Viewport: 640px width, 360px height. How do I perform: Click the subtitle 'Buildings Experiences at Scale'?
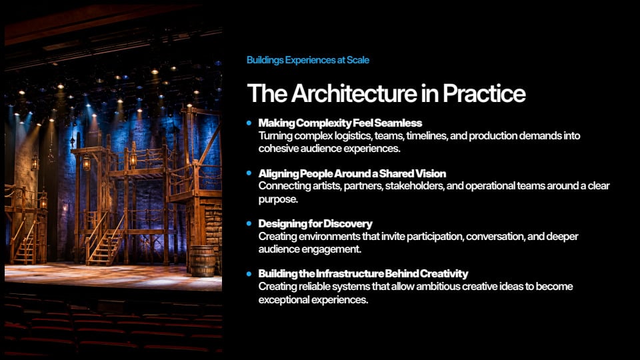(x=308, y=60)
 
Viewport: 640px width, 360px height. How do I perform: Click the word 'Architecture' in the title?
(x=354, y=93)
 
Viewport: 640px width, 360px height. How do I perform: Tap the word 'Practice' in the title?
(x=484, y=93)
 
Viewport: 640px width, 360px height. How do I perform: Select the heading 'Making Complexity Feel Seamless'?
(x=340, y=123)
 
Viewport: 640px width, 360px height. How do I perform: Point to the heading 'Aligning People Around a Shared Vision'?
(x=352, y=173)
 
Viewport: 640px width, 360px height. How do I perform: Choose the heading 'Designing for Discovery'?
(x=315, y=224)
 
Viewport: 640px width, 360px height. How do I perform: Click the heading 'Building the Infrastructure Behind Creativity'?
(x=363, y=273)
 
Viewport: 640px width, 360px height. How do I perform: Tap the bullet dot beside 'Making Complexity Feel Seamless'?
(x=249, y=123)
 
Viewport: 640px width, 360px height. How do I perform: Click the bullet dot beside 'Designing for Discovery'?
(x=249, y=224)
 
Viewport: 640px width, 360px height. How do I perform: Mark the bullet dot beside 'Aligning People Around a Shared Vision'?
(x=249, y=173)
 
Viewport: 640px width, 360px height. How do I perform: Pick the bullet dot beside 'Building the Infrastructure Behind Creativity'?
(x=249, y=273)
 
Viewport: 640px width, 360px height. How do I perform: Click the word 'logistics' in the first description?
(x=353, y=136)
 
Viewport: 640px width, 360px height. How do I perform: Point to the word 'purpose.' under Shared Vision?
(x=278, y=199)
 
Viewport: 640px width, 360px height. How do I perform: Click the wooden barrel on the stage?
(x=202, y=261)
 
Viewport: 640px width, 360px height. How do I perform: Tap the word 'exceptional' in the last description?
(x=284, y=299)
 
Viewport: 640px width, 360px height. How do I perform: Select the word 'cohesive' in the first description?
(x=279, y=149)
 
